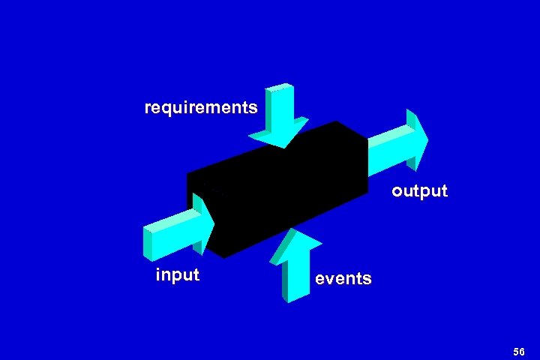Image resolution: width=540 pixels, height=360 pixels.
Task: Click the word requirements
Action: pyautogui.click(x=201, y=108)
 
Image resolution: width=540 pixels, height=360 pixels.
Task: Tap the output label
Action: pyautogui.click(x=419, y=191)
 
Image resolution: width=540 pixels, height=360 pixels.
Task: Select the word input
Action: pyautogui.click(x=177, y=274)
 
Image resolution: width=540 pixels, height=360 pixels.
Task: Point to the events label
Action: pyautogui.click(x=343, y=279)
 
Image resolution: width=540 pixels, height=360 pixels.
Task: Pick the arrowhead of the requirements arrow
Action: pyautogui.click(x=277, y=135)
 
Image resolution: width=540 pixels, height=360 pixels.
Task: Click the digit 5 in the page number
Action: pyautogui.click(x=517, y=352)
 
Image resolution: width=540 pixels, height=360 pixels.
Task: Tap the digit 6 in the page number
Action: pyautogui.click(x=523, y=352)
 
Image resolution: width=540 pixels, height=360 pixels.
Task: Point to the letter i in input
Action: pyautogui.click(x=157, y=274)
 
